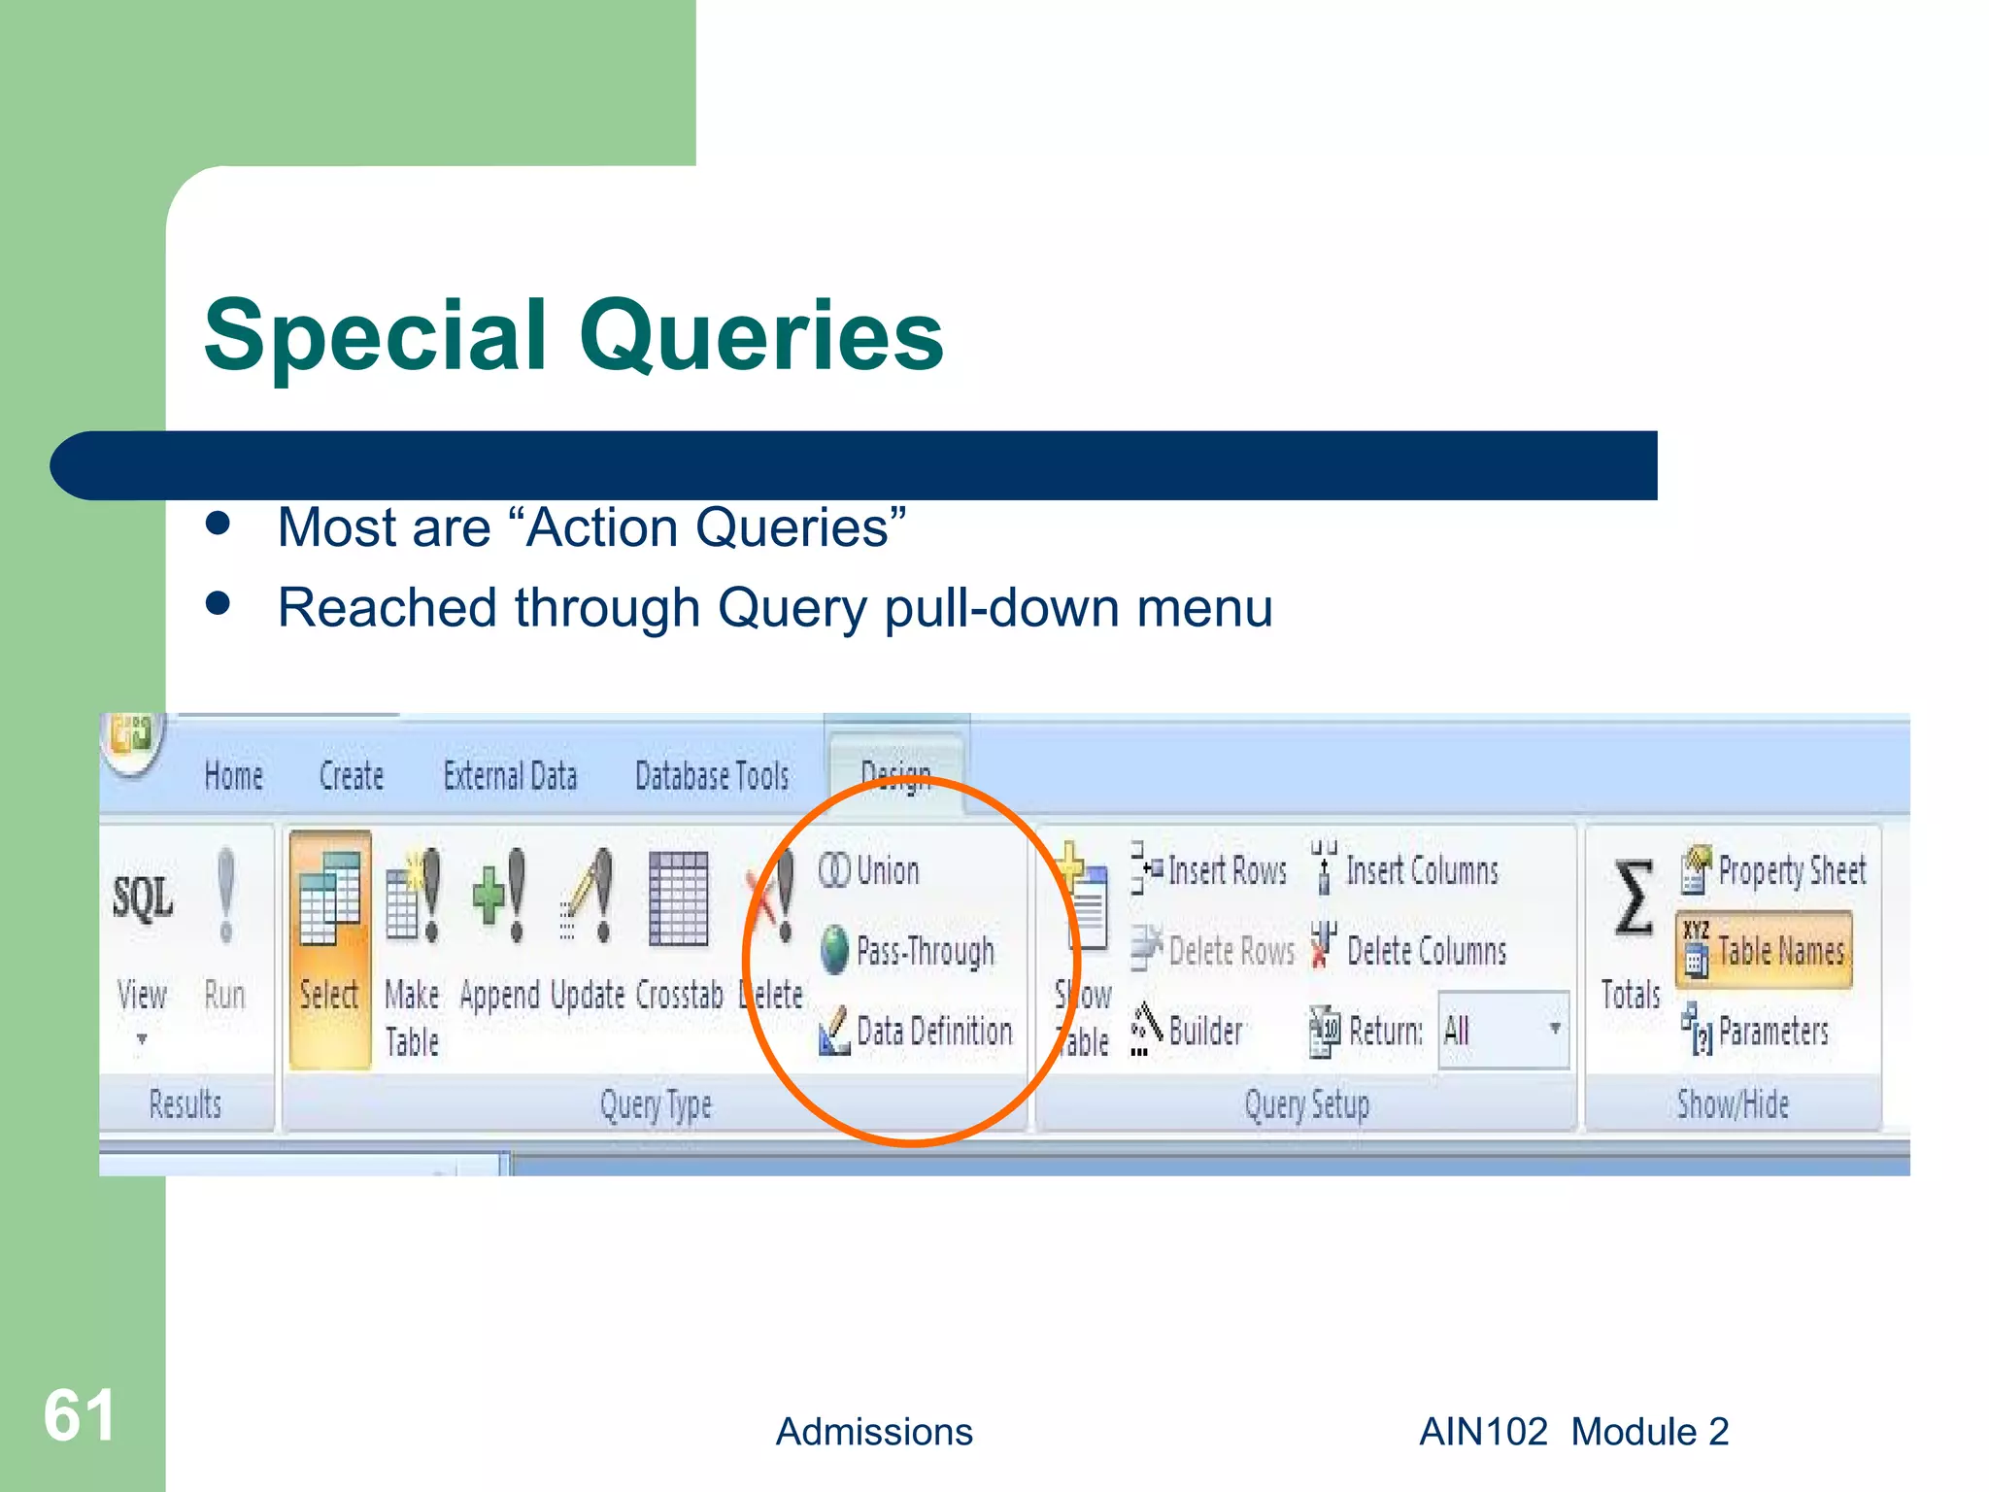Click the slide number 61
[80, 1415]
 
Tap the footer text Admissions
[873, 1432]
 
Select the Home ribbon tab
[234, 776]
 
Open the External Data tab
[510, 776]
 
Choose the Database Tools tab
[712, 776]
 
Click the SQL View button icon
[143, 899]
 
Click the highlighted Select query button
[330, 947]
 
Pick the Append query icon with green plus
[499, 896]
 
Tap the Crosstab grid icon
[678, 898]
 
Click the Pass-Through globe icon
[834, 950]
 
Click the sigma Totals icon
[1633, 899]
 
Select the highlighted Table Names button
[1764, 950]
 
